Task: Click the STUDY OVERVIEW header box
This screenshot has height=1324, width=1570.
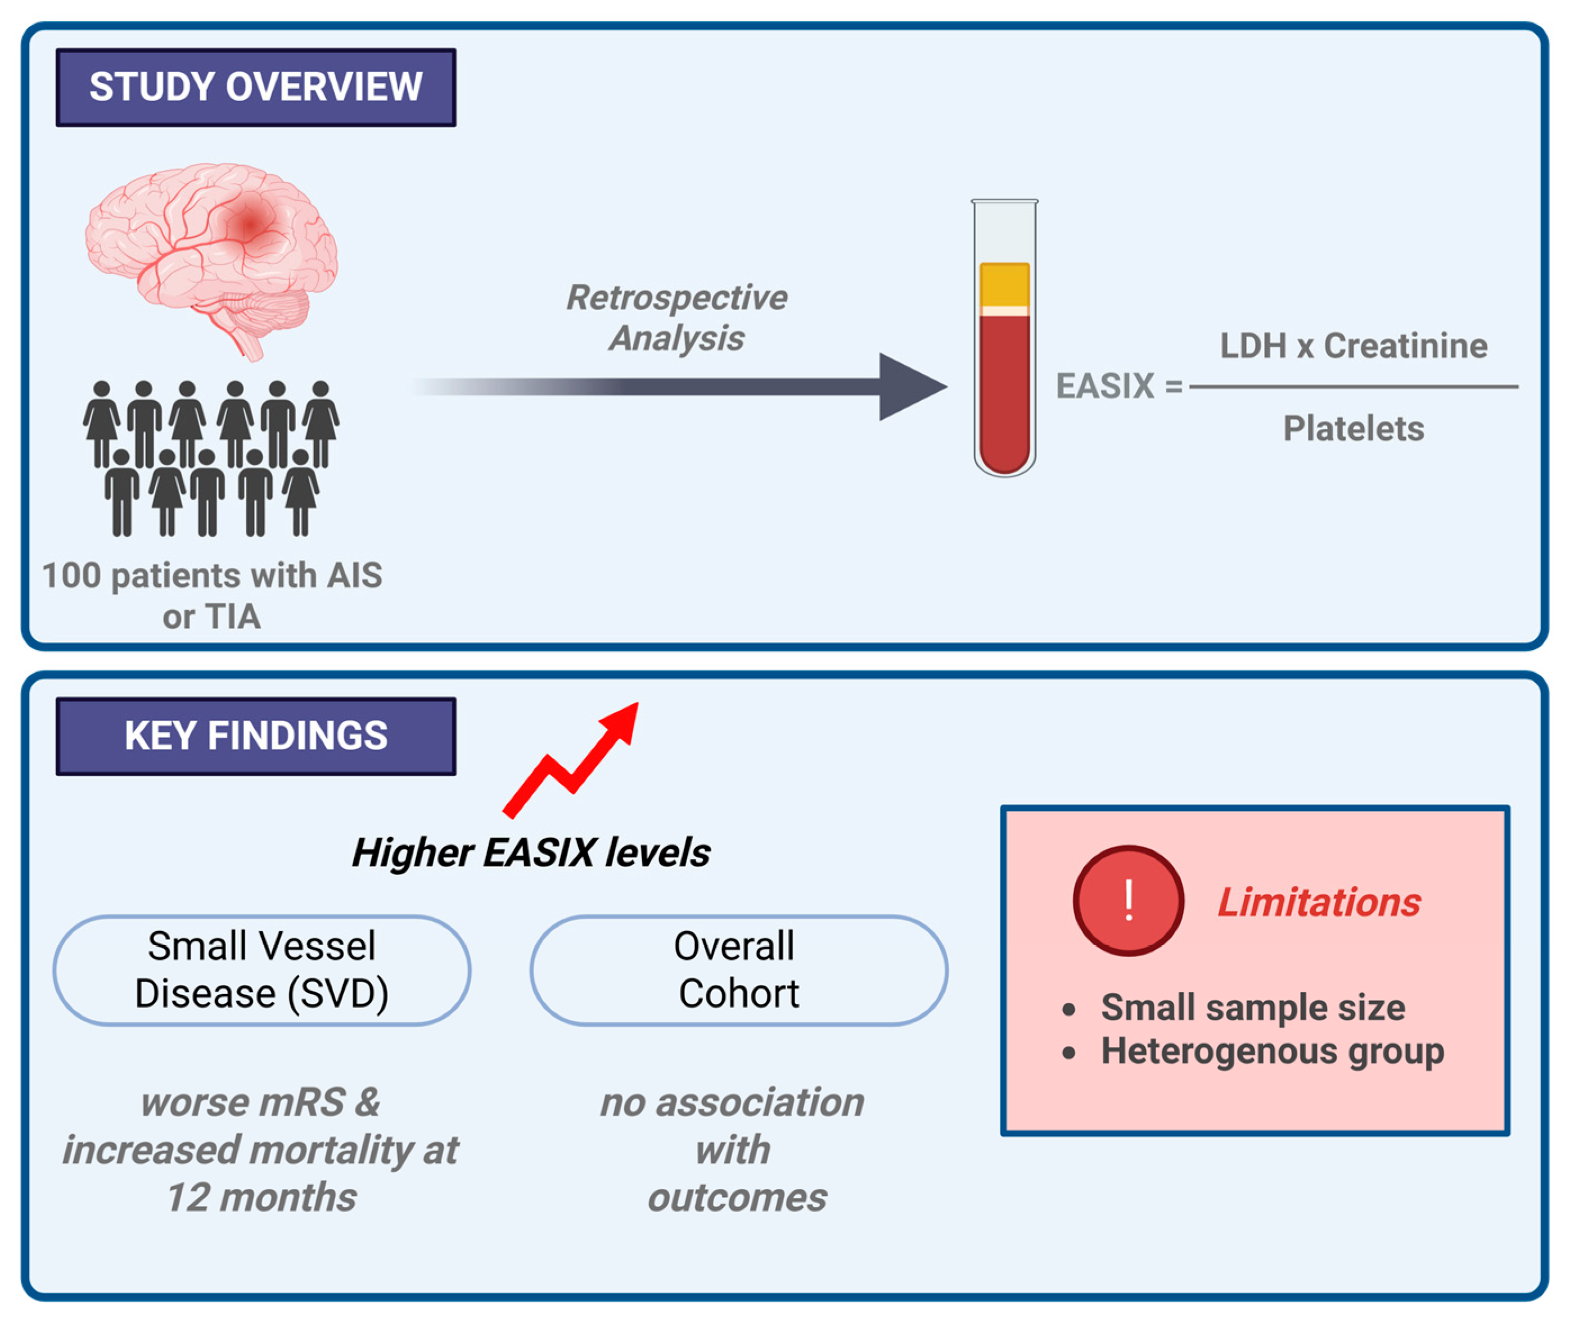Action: (x=255, y=87)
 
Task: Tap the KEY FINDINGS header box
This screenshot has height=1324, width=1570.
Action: (x=255, y=736)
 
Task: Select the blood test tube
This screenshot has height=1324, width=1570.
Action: (x=1005, y=338)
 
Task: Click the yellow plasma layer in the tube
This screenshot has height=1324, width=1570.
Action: (x=1005, y=284)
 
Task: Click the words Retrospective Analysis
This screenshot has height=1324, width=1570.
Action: (x=677, y=318)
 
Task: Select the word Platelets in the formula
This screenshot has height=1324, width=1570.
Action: (x=1353, y=429)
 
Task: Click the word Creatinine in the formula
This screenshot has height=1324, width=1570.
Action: (x=1405, y=346)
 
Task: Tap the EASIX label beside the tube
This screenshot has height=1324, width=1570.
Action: (x=1104, y=387)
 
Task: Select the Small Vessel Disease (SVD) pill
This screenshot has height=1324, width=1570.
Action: (x=262, y=970)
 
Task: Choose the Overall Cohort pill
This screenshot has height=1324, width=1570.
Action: (x=739, y=970)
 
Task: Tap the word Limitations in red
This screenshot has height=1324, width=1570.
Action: (x=1319, y=901)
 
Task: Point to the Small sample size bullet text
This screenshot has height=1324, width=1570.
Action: (x=1252, y=1007)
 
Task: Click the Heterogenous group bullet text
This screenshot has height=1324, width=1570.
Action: (x=1273, y=1051)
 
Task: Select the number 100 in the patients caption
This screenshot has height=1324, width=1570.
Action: (x=71, y=575)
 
